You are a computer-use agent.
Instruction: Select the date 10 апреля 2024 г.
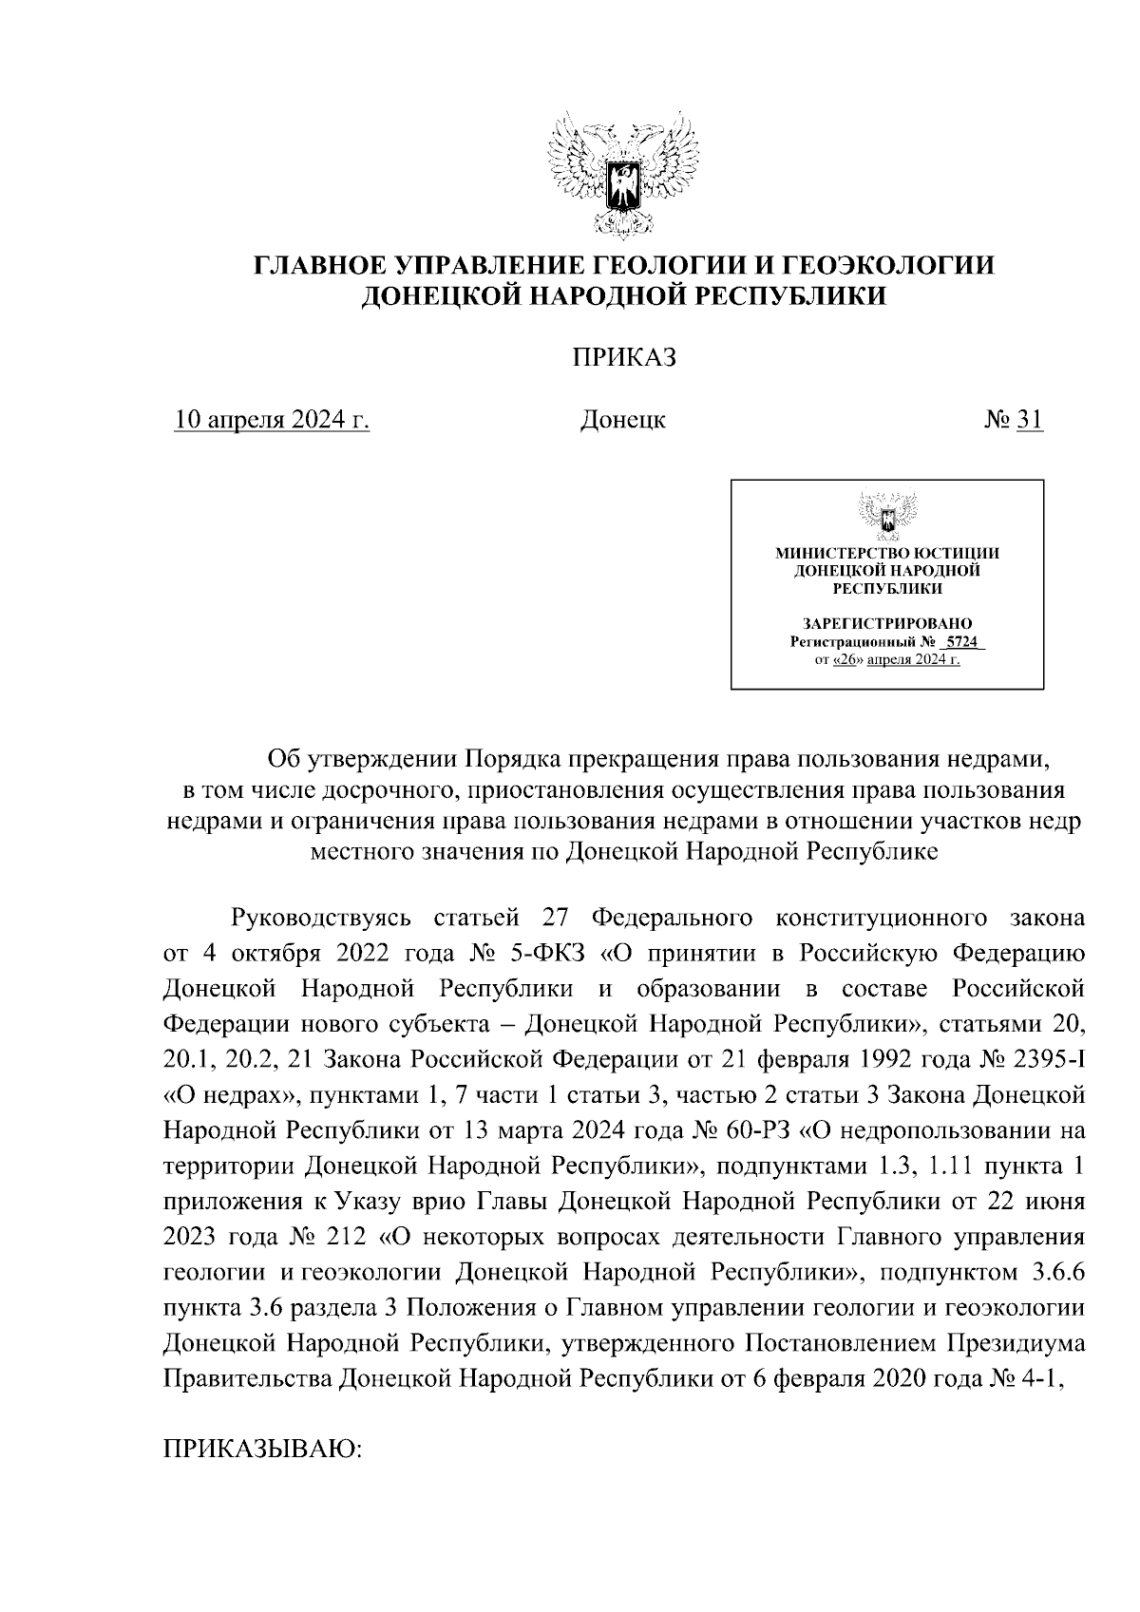(272, 419)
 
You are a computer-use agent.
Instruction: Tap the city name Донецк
(622, 419)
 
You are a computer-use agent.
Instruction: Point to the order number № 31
(1014, 419)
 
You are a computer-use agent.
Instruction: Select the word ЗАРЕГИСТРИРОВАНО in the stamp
(887, 624)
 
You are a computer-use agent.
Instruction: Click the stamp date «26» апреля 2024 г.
(896, 659)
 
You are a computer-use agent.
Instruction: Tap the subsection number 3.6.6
(1057, 1272)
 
